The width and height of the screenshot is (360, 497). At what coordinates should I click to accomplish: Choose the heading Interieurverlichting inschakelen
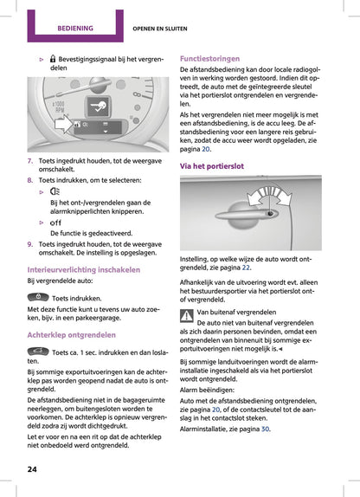point(84,270)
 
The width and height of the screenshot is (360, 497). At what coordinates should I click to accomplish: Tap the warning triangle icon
point(187,313)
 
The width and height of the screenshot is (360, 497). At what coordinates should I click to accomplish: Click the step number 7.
point(30,161)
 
